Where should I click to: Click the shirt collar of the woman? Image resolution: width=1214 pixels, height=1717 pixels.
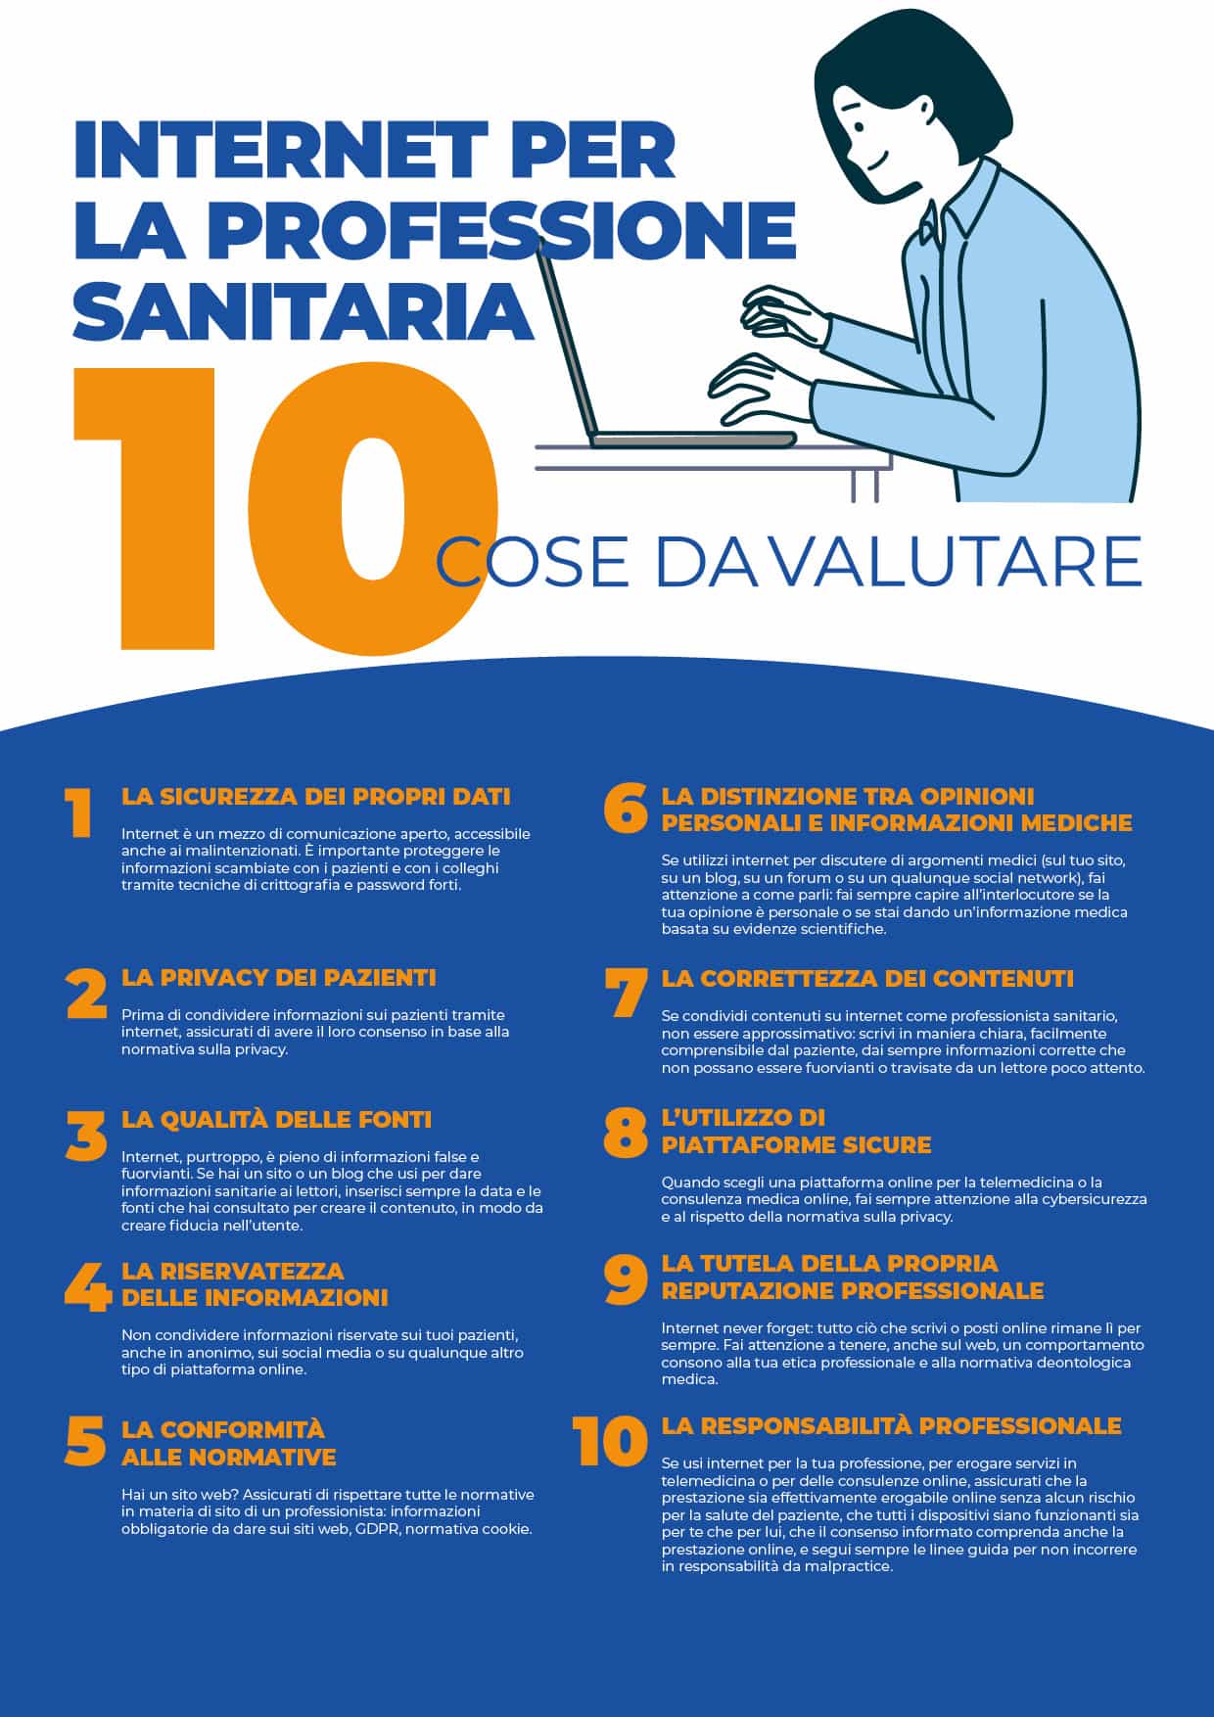[x=964, y=210]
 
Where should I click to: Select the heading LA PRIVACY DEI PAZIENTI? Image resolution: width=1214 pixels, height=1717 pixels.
[x=278, y=977]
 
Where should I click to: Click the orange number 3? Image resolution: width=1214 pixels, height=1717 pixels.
[x=86, y=1136]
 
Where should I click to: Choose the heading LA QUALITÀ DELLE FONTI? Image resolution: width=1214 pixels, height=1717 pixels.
[x=276, y=1119]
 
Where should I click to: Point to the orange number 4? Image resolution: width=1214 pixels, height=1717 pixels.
[x=86, y=1287]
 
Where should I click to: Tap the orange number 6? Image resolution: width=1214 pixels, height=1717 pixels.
[x=626, y=809]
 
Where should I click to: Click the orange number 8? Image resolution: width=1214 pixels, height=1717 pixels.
[x=626, y=1132]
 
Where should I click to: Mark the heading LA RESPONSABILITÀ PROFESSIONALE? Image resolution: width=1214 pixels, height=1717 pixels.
[x=891, y=1425]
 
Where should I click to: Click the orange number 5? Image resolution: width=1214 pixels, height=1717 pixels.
[x=86, y=1441]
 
